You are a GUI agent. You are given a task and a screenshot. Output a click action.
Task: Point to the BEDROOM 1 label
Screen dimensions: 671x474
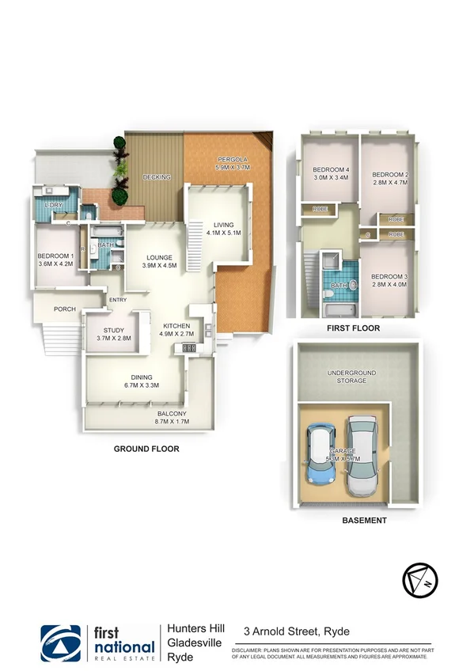coord(55,260)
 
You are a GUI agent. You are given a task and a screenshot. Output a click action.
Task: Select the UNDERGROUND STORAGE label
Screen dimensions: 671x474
coord(352,376)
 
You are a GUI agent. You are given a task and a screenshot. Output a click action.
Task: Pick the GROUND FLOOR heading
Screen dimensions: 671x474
coord(145,449)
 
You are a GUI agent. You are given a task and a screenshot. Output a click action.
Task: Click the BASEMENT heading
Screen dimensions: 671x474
coord(364,521)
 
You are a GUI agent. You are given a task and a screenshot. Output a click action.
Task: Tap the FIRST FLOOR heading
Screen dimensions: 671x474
coord(353,328)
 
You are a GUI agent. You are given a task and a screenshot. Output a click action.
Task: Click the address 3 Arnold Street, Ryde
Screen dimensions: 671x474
coord(297,631)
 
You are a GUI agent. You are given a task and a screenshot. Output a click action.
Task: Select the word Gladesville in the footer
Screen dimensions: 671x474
coord(195,643)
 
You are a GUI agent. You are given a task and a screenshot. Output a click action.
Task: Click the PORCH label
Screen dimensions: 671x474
coord(64,309)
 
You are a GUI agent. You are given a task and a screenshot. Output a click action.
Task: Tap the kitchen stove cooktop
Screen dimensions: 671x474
coord(190,347)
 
